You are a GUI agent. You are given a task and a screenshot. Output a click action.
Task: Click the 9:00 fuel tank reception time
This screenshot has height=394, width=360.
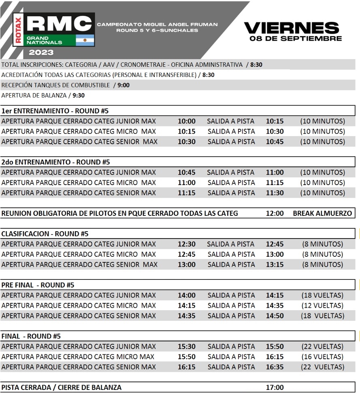[x=124, y=85]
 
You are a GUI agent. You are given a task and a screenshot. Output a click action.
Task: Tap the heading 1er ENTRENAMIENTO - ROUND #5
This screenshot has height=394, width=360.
[x=55, y=111]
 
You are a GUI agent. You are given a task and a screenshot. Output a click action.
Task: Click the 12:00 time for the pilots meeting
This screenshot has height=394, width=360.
[x=275, y=213]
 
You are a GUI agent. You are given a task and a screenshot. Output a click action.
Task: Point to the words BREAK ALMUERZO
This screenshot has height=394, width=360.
[x=322, y=213]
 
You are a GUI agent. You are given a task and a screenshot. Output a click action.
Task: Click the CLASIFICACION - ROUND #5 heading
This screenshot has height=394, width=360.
[x=45, y=234]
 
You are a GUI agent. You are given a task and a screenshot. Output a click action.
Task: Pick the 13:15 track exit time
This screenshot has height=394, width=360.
[x=275, y=265]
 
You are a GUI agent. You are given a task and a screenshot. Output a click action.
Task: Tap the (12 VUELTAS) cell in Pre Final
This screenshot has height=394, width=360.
[x=322, y=306]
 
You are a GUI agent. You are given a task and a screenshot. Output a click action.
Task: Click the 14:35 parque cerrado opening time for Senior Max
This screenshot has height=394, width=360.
[x=186, y=316]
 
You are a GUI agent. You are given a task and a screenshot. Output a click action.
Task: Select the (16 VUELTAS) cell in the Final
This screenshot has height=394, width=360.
[x=322, y=357]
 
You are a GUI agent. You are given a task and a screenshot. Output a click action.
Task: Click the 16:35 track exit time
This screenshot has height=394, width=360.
[x=275, y=367]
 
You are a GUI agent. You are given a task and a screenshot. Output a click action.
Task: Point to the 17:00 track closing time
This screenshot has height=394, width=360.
[x=275, y=388]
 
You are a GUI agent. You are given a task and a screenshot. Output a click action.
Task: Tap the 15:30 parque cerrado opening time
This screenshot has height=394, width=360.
[x=186, y=347]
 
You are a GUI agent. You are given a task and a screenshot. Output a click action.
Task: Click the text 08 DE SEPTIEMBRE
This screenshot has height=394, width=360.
[x=296, y=39]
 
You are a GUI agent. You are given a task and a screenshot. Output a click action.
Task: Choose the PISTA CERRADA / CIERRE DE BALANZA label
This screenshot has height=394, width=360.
[x=61, y=388]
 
